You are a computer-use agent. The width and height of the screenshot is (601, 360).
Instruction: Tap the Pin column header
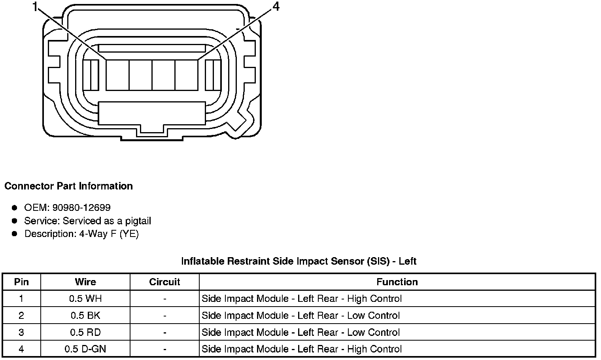pos(21,282)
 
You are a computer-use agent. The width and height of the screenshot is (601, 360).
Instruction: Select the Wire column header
pos(85,282)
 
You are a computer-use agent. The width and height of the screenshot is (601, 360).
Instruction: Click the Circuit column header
pos(164,282)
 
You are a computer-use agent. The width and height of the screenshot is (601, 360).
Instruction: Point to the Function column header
pos(397,282)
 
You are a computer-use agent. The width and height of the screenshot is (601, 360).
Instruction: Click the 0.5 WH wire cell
pos(85,299)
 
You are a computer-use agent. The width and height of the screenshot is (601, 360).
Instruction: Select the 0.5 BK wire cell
pos(85,316)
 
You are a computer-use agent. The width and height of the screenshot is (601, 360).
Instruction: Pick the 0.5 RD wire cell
pos(85,332)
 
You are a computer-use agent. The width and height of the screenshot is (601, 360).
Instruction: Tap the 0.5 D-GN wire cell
pos(85,349)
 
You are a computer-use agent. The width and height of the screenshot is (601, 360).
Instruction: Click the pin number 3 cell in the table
pos(21,332)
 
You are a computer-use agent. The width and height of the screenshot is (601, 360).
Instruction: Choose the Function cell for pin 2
pos(300,316)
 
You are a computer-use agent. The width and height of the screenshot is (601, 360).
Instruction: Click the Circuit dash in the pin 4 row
pos(164,349)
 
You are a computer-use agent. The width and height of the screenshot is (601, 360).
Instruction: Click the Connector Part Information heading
pos(68,186)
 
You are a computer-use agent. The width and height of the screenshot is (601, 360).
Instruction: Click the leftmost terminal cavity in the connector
pos(117,75)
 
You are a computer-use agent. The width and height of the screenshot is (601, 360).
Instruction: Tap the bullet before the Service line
pos(15,221)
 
